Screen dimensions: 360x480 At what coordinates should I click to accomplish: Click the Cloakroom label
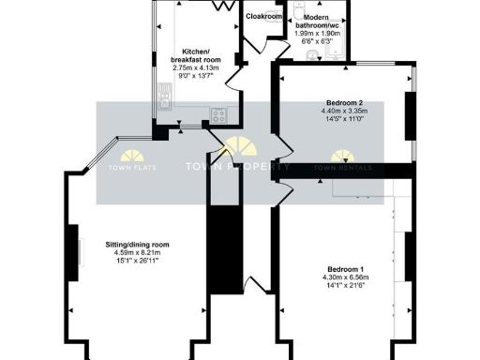click(x=263, y=17)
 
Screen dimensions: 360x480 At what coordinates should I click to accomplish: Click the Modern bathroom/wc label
click(x=321, y=25)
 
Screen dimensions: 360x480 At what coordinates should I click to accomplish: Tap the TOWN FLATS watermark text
click(x=131, y=168)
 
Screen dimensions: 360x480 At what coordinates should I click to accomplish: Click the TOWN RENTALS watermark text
click(x=343, y=168)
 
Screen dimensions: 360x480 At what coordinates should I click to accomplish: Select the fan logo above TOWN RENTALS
click(x=343, y=152)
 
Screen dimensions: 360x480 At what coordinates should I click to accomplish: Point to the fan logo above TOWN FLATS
click(x=131, y=154)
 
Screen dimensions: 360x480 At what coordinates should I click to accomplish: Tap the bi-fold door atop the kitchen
click(x=223, y=5)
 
